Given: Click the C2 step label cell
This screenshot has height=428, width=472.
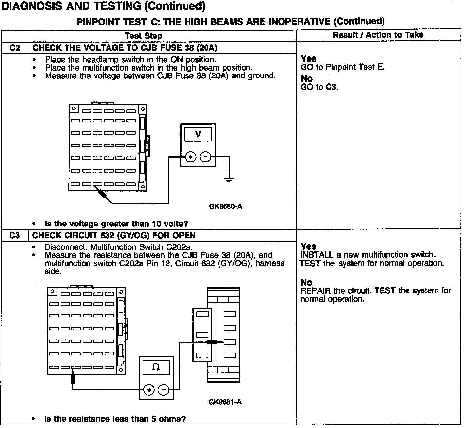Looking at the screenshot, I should [15, 48].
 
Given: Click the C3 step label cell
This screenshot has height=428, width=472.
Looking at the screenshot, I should [15, 235].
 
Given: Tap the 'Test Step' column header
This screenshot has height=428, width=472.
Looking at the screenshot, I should [144, 36].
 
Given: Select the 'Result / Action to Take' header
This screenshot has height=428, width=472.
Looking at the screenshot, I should [378, 35].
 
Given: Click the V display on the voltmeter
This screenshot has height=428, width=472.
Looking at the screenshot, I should [198, 134].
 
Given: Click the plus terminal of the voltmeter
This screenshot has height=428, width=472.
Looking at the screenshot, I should [190, 157].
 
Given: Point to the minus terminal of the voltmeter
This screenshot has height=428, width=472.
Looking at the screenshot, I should [206, 157].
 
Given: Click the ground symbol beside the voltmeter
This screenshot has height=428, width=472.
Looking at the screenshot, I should [229, 179].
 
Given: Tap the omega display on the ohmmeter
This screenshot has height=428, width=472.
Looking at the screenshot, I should [156, 367].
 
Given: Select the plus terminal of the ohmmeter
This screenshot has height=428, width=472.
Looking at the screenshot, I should [149, 390].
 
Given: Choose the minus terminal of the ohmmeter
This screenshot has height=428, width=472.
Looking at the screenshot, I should [164, 390].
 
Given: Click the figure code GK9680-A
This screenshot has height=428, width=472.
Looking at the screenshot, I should [226, 207].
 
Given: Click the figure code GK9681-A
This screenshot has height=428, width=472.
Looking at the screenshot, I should [225, 402].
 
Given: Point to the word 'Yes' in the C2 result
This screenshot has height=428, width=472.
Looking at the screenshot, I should [308, 59].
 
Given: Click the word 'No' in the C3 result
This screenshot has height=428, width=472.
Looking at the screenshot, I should [306, 282].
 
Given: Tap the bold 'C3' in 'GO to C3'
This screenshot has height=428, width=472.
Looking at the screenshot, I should [331, 87].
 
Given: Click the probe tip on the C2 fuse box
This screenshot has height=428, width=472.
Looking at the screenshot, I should [103, 194].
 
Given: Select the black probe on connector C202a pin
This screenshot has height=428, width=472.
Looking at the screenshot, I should [212, 342].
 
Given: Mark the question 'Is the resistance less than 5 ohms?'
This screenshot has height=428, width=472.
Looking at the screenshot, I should [115, 419].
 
